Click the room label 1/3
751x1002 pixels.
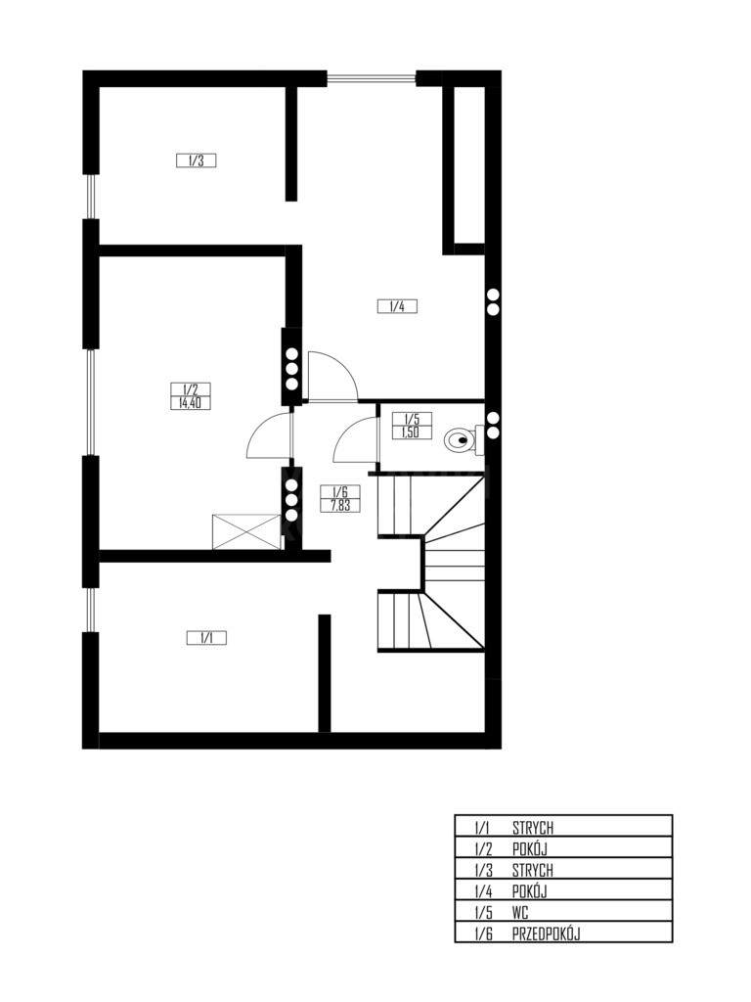[196, 160]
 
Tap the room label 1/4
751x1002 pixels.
[397, 306]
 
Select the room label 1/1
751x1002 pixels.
[205, 638]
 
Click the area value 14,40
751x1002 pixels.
[191, 403]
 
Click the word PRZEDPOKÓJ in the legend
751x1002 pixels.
[546, 934]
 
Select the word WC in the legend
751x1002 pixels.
[520, 913]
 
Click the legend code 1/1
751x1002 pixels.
[483, 828]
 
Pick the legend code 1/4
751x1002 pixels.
[483, 890]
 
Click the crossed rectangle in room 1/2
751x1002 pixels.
[245, 531]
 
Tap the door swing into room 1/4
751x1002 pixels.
[332, 377]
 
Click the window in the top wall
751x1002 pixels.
[372, 78]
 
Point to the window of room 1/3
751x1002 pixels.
[91, 196]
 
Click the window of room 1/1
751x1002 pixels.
[91, 610]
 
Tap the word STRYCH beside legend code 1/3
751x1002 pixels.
[533, 870]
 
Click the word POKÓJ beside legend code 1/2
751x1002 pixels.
[530, 848]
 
